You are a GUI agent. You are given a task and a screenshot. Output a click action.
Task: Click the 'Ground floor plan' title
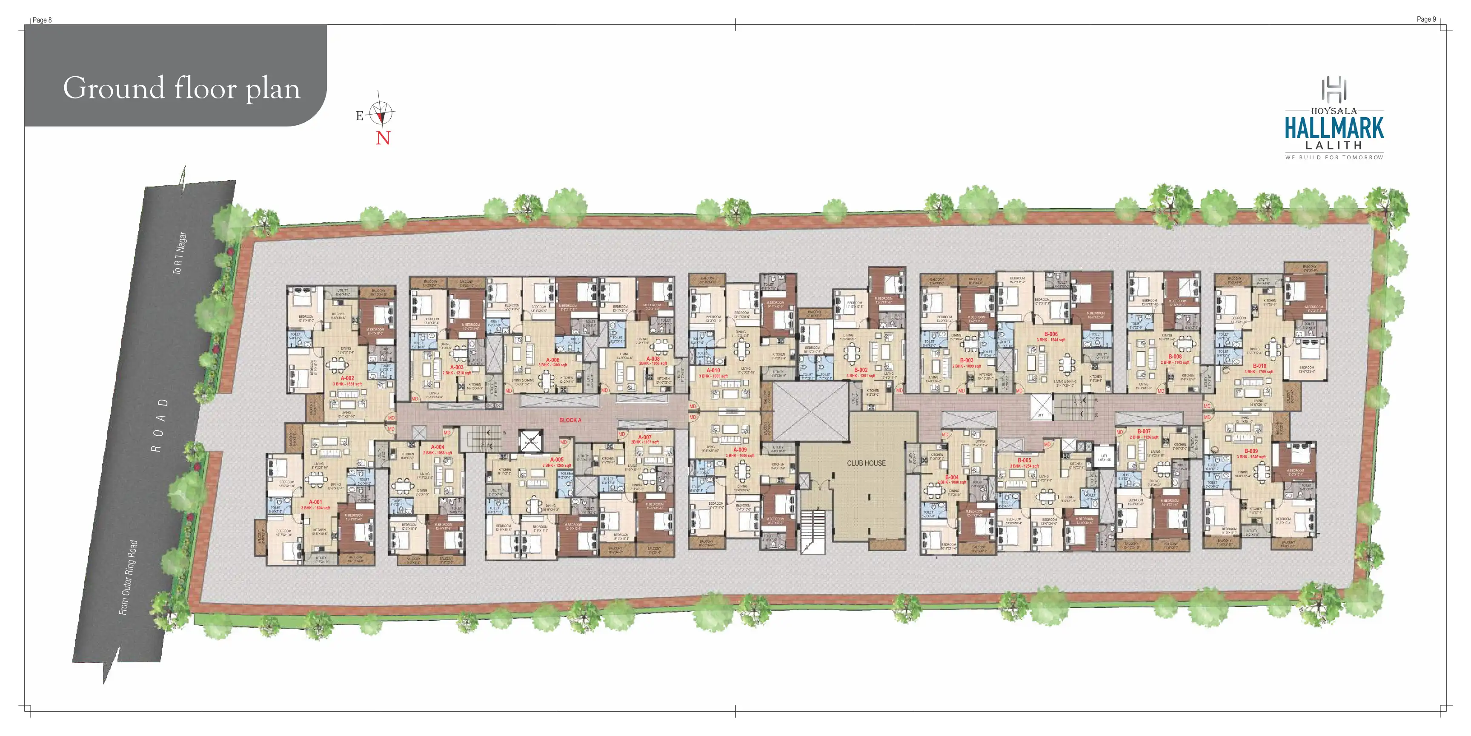[182, 88]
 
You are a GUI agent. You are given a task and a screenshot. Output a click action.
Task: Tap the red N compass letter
[383, 138]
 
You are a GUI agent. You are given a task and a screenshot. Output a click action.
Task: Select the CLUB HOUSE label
[866, 463]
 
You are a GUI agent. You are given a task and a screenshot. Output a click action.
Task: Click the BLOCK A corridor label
[570, 420]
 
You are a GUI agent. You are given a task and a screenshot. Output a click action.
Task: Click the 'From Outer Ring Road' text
[128, 577]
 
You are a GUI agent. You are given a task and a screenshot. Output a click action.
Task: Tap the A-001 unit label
[315, 502]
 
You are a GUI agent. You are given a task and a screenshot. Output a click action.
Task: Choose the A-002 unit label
[347, 378]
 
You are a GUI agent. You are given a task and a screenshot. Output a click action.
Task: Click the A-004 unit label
[438, 447]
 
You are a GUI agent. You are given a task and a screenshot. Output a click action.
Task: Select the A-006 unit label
[553, 360]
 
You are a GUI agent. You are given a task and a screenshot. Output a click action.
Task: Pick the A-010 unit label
[713, 370]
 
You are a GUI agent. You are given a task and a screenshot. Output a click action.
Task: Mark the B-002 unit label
[861, 370]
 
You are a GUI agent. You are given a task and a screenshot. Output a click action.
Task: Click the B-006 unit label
[1051, 334]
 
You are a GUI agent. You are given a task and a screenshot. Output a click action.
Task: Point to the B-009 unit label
[1251, 451]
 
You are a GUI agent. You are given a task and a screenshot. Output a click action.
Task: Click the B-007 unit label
[1144, 431]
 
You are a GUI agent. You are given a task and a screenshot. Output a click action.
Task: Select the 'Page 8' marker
[42, 20]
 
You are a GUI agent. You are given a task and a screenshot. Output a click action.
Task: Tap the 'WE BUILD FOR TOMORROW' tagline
[1334, 157]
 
